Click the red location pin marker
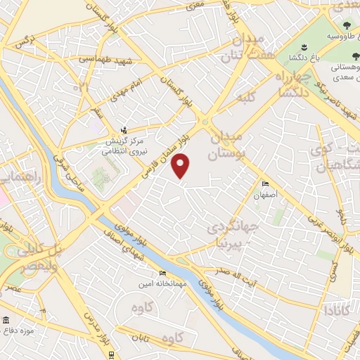181,166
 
